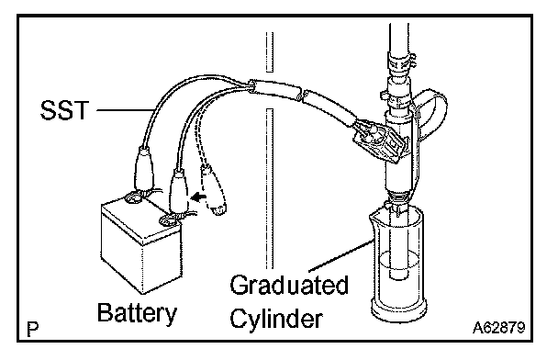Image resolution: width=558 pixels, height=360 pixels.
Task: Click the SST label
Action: click(64, 109)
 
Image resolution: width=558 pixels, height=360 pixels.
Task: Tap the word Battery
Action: click(137, 313)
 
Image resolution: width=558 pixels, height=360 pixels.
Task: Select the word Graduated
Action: click(289, 285)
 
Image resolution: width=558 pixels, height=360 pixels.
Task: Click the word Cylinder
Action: click(276, 318)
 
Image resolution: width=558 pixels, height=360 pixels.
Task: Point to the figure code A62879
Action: click(498, 328)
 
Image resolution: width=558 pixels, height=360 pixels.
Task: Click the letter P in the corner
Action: click(33, 330)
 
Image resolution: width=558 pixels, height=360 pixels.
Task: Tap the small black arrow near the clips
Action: click(198, 197)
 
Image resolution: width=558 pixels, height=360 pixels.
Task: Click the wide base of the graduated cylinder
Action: click(398, 310)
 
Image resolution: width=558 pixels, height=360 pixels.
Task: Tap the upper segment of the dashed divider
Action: click(270, 52)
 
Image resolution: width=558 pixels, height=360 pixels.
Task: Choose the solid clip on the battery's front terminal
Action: click(179, 192)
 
